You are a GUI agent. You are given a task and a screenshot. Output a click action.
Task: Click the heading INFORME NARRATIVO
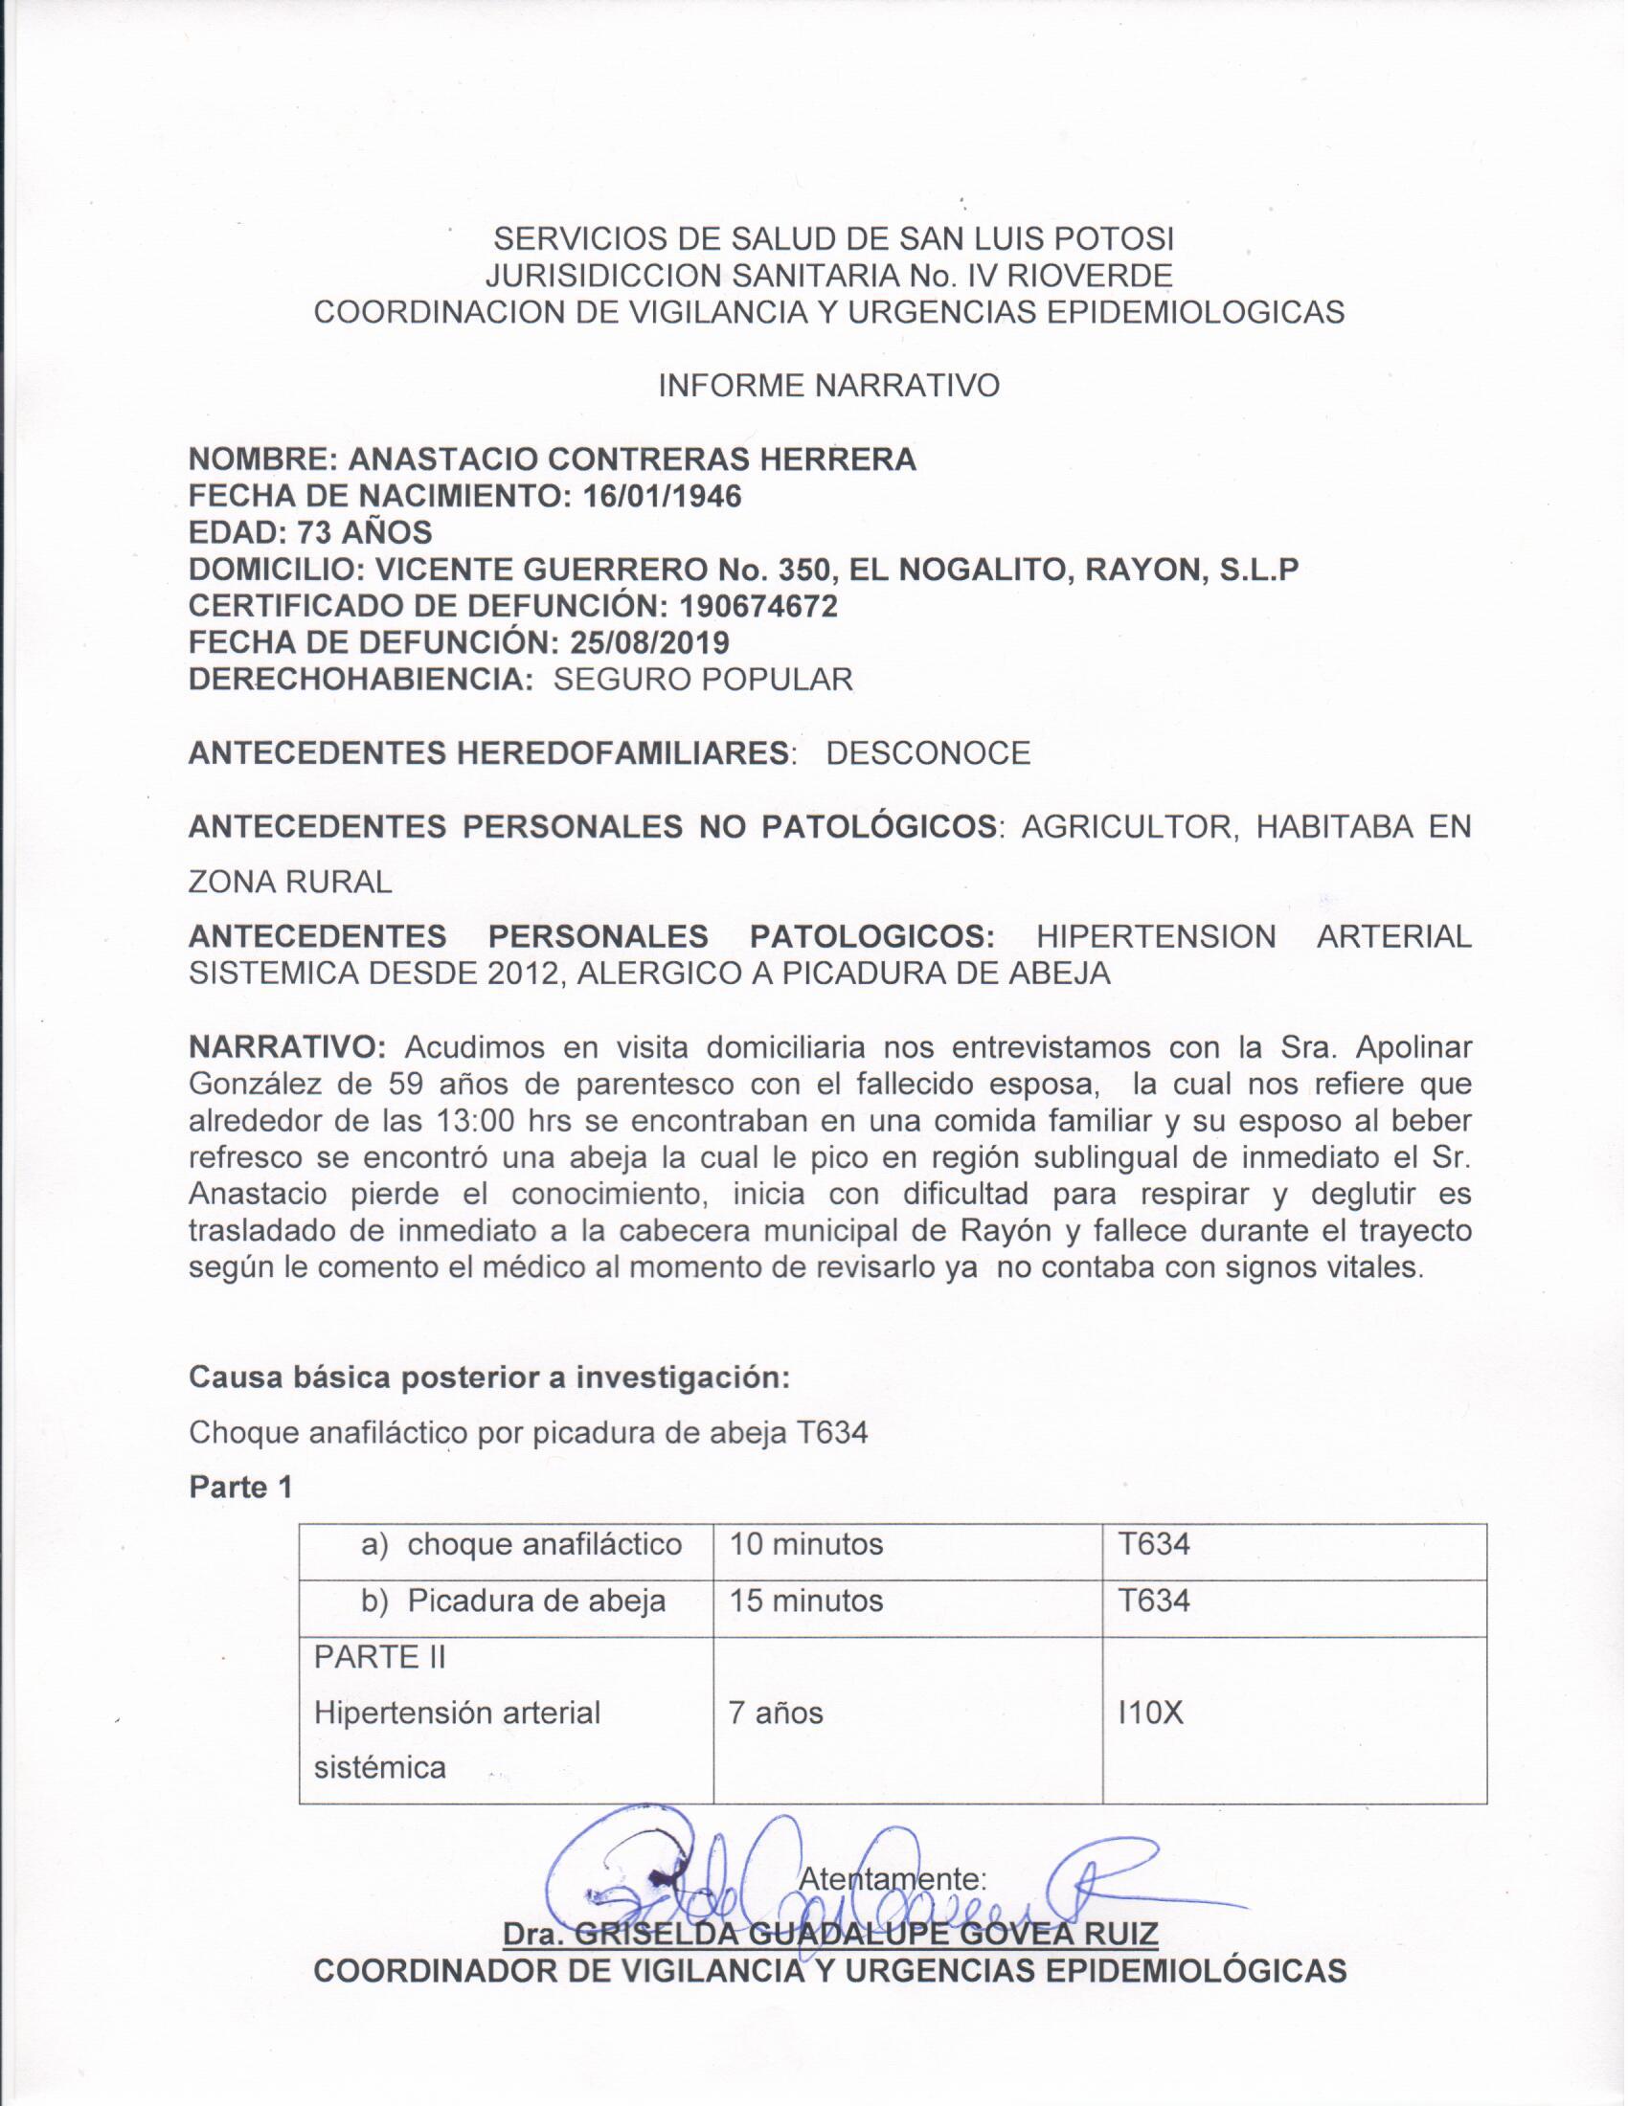point(828,386)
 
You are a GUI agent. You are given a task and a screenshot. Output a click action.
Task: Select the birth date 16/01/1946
point(664,496)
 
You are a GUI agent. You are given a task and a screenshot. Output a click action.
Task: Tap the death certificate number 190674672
point(758,606)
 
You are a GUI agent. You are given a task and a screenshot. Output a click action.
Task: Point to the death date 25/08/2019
point(649,642)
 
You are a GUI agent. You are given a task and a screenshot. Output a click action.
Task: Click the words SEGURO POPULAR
point(703,679)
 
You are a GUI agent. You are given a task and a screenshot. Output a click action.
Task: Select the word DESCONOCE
point(928,752)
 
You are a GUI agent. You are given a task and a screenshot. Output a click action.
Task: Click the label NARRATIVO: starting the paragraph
point(288,1047)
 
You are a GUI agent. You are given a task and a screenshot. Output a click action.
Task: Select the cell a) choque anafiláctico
point(521,1545)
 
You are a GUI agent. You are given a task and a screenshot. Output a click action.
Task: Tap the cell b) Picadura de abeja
point(513,1601)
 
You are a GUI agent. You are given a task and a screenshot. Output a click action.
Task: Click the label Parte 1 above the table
point(240,1487)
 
